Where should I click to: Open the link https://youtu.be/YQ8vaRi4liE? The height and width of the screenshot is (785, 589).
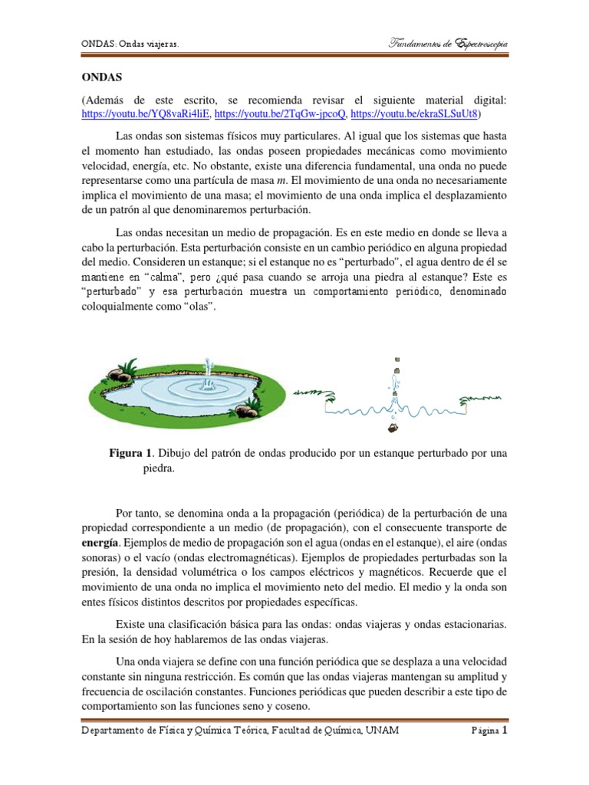[145, 114]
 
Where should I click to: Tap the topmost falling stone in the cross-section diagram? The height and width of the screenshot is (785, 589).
[398, 360]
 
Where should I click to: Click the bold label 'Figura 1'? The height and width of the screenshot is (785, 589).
[132, 454]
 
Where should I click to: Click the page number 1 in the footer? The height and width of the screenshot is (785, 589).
[505, 731]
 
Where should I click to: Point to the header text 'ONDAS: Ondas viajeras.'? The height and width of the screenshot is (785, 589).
[130, 45]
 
